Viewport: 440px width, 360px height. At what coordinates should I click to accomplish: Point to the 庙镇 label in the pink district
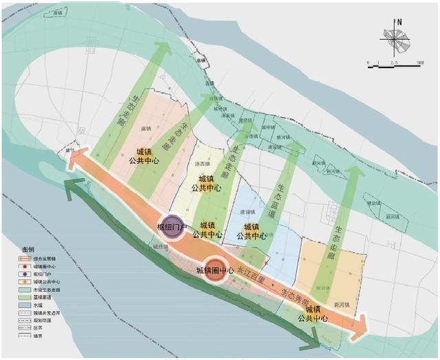point(146,128)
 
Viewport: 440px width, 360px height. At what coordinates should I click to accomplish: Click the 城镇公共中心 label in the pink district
point(144,156)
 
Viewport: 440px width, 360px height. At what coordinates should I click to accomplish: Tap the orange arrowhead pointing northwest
point(76,159)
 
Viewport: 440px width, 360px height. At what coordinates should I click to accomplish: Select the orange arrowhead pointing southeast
point(360,328)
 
